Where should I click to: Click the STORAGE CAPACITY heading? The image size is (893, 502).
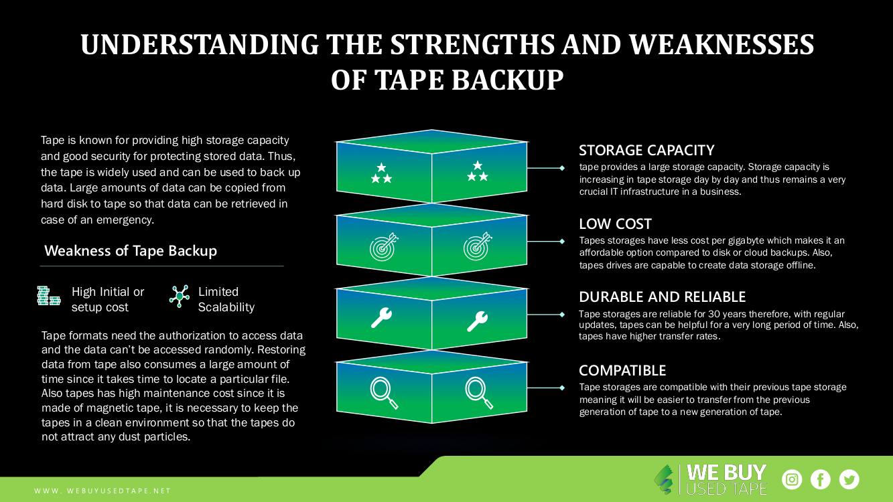pos(646,150)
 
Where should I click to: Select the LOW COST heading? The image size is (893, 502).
pos(615,224)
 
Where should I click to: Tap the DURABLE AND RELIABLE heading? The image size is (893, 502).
pos(662,297)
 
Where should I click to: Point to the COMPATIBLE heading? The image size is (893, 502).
pos(622,370)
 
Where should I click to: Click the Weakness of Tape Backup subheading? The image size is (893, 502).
pos(131,251)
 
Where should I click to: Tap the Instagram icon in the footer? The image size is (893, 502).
pos(793,479)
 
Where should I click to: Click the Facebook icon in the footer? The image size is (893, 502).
pos(821,479)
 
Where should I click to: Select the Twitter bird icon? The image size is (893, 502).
pos(849,479)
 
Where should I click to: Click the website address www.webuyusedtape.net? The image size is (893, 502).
pos(102,491)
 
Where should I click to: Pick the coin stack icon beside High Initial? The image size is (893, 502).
pos(48,296)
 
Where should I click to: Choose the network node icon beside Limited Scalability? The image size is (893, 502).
pos(179,296)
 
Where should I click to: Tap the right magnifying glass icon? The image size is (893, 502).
pos(476,392)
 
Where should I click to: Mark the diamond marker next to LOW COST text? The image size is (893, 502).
pos(562,241)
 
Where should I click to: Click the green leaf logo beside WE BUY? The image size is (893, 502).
pos(665,479)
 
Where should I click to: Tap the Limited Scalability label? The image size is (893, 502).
pos(226,299)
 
